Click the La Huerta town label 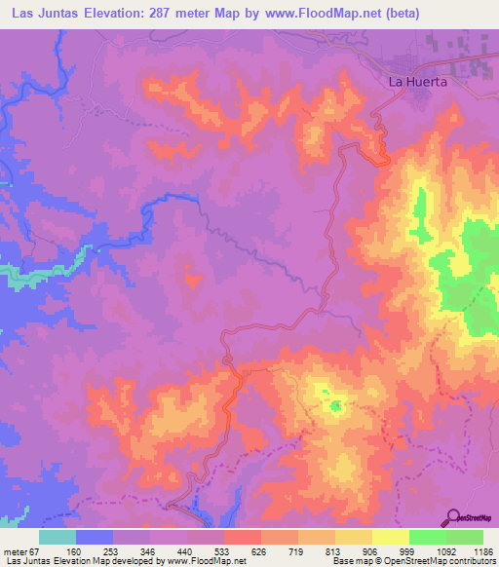click(418, 83)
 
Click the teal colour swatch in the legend click(58, 537)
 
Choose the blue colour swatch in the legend click(95, 537)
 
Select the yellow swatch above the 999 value click(391, 537)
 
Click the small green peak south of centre click(336, 405)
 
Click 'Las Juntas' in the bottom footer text click(25, 562)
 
